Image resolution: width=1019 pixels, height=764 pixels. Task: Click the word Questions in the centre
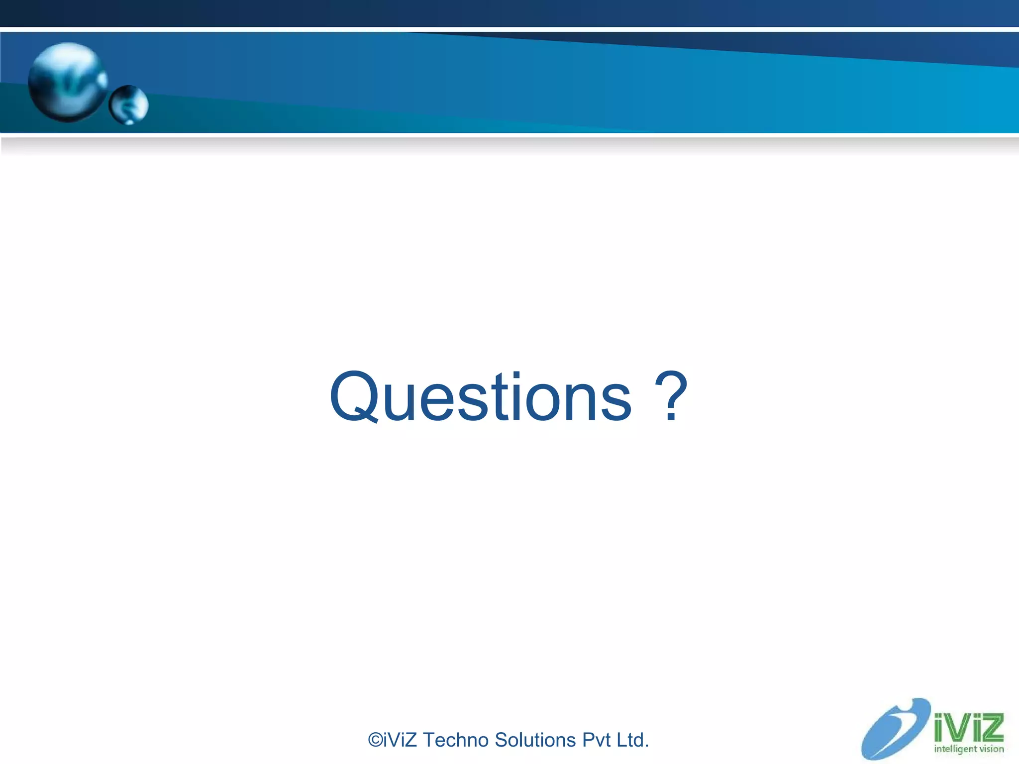480,397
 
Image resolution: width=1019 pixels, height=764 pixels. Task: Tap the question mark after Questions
671,396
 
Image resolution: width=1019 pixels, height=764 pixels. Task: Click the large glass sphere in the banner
67,82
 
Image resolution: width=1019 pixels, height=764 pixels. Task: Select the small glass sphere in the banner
129,105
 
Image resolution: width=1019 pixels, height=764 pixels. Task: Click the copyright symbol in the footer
375,740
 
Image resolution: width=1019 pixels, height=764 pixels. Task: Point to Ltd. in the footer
632,740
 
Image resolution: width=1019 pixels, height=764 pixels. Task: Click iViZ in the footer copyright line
401,740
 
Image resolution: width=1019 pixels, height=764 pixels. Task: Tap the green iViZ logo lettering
968,728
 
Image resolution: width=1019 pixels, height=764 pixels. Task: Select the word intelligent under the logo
955,749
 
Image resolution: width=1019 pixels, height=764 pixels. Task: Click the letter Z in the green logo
992,728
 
